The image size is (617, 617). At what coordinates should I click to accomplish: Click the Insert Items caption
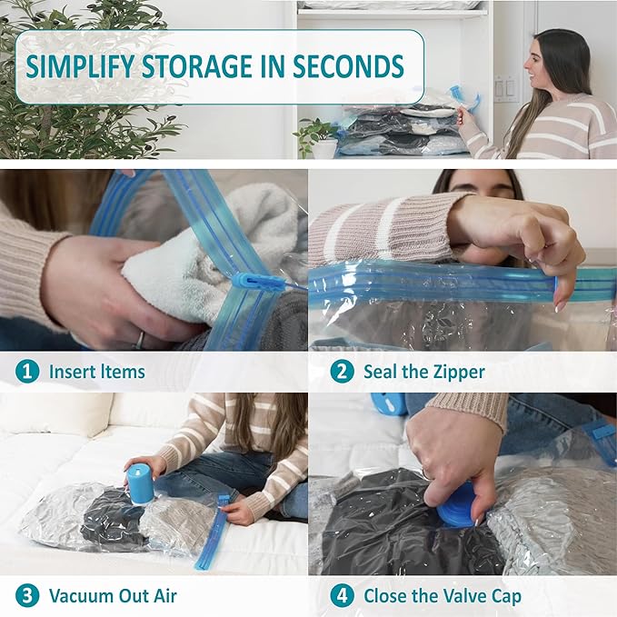coord(96,371)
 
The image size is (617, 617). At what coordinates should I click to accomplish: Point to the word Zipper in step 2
coord(453,371)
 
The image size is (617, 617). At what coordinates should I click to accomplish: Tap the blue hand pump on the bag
coord(141,483)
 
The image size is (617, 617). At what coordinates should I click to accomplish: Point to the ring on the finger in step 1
coord(139,338)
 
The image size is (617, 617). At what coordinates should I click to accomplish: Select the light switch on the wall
coord(504,89)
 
